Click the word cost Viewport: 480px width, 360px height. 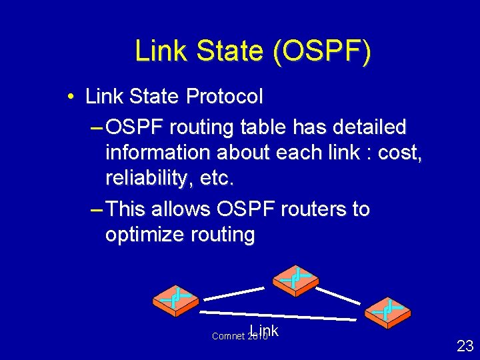(x=398, y=153)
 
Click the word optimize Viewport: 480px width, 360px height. (x=145, y=235)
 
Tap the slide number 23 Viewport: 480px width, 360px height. (x=465, y=345)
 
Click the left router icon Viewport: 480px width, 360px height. (x=175, y=300)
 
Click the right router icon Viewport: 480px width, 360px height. (x=387, y=311)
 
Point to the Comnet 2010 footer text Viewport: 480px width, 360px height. (x=239, y=336)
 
